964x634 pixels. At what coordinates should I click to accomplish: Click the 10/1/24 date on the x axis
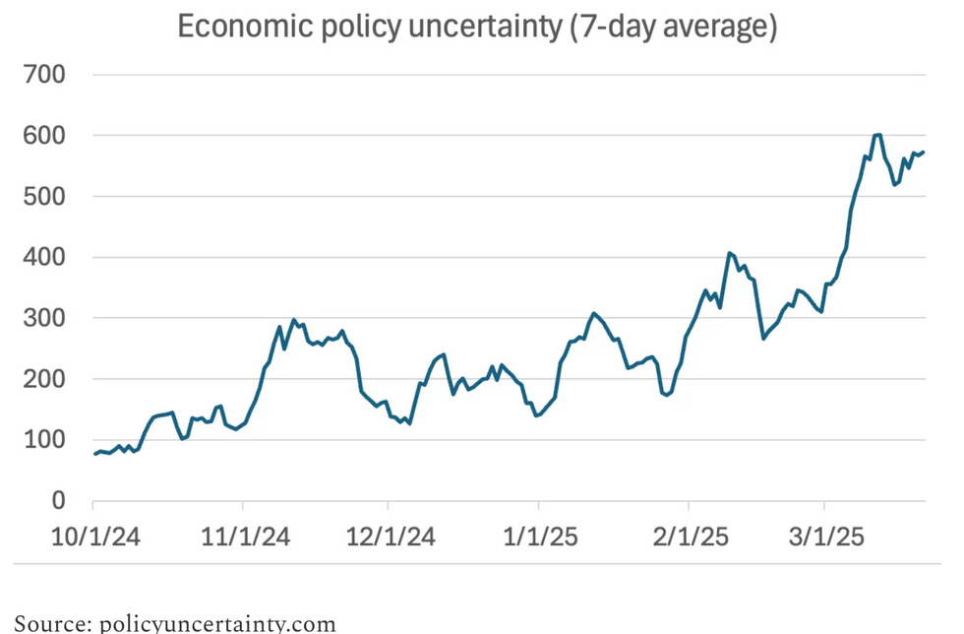(94, 539)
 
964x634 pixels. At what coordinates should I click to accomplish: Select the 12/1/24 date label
(390, 539)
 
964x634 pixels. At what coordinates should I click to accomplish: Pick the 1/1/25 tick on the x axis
(538, 539)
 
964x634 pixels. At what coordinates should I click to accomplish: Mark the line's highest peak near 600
(876, 135)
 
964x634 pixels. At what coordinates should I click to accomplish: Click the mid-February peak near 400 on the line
(730, 253)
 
